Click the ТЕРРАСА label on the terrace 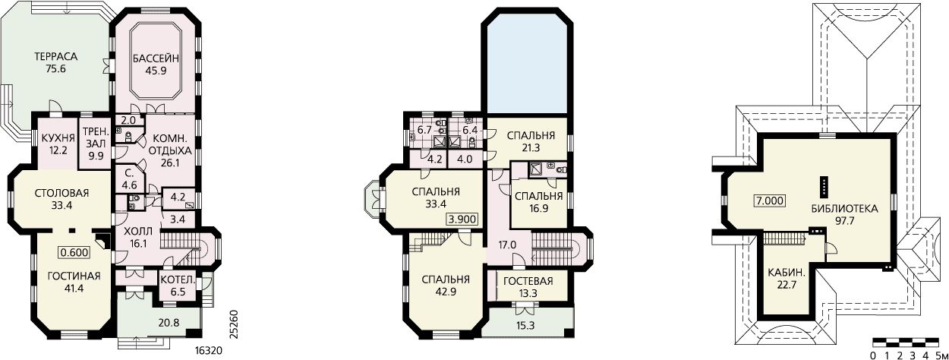tap(56, 56)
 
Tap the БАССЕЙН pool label tap(156, 58)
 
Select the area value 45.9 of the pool tap(156, 71)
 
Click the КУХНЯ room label tap(58, 137)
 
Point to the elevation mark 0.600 tap(74, 253)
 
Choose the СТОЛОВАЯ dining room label tap(61, 194)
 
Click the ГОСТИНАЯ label tap(74, 276)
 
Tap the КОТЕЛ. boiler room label tap(178, 280)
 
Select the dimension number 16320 tap(209, 351)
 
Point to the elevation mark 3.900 tap(463, 219)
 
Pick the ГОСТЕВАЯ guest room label tap(528, 281)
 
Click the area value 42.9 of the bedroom tap(446, 292)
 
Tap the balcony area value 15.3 tap(525, 326)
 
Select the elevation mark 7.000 tap(771, 201)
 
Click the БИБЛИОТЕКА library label tap(845, 209)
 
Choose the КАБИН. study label tap(787, 273)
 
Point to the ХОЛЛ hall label tap(138, 232)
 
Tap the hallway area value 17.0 tap(507, 245)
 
